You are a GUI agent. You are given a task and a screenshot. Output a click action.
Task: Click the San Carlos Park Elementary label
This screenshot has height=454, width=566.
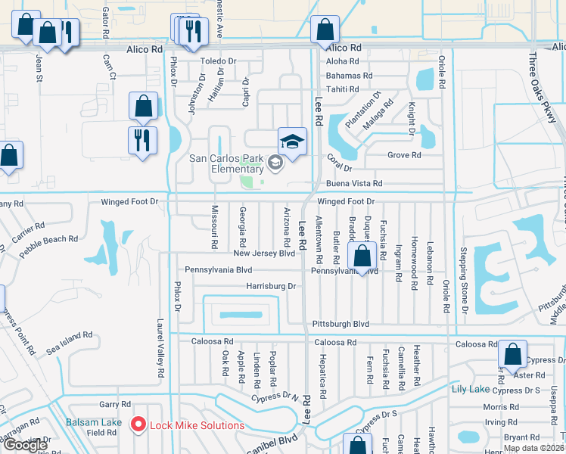[x=227, y=163]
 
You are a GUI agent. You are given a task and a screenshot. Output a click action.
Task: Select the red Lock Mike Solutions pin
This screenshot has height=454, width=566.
[x=138, y=425]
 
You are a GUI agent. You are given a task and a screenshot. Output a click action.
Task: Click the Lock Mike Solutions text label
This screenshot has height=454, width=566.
[x=197, y=425]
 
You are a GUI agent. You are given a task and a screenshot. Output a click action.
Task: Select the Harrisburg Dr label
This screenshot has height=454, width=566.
[x=270, y=286]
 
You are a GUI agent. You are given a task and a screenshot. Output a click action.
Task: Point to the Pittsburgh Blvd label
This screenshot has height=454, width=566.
[x=340, y=324]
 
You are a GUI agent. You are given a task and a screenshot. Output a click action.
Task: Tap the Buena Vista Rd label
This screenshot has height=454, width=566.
[x=354, y=183]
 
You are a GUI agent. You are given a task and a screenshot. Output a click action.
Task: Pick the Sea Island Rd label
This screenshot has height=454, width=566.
[x=69, y=342]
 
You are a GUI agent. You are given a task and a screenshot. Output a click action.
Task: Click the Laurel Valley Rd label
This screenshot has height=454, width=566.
[x=160, y=347]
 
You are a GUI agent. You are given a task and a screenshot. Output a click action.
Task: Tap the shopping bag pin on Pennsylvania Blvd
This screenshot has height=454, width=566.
[x=362, y=257]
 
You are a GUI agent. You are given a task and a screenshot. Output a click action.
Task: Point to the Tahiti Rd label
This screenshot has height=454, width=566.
[x=343, y=89]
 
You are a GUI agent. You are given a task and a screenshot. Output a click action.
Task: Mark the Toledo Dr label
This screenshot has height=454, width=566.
[x=218, y=61]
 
